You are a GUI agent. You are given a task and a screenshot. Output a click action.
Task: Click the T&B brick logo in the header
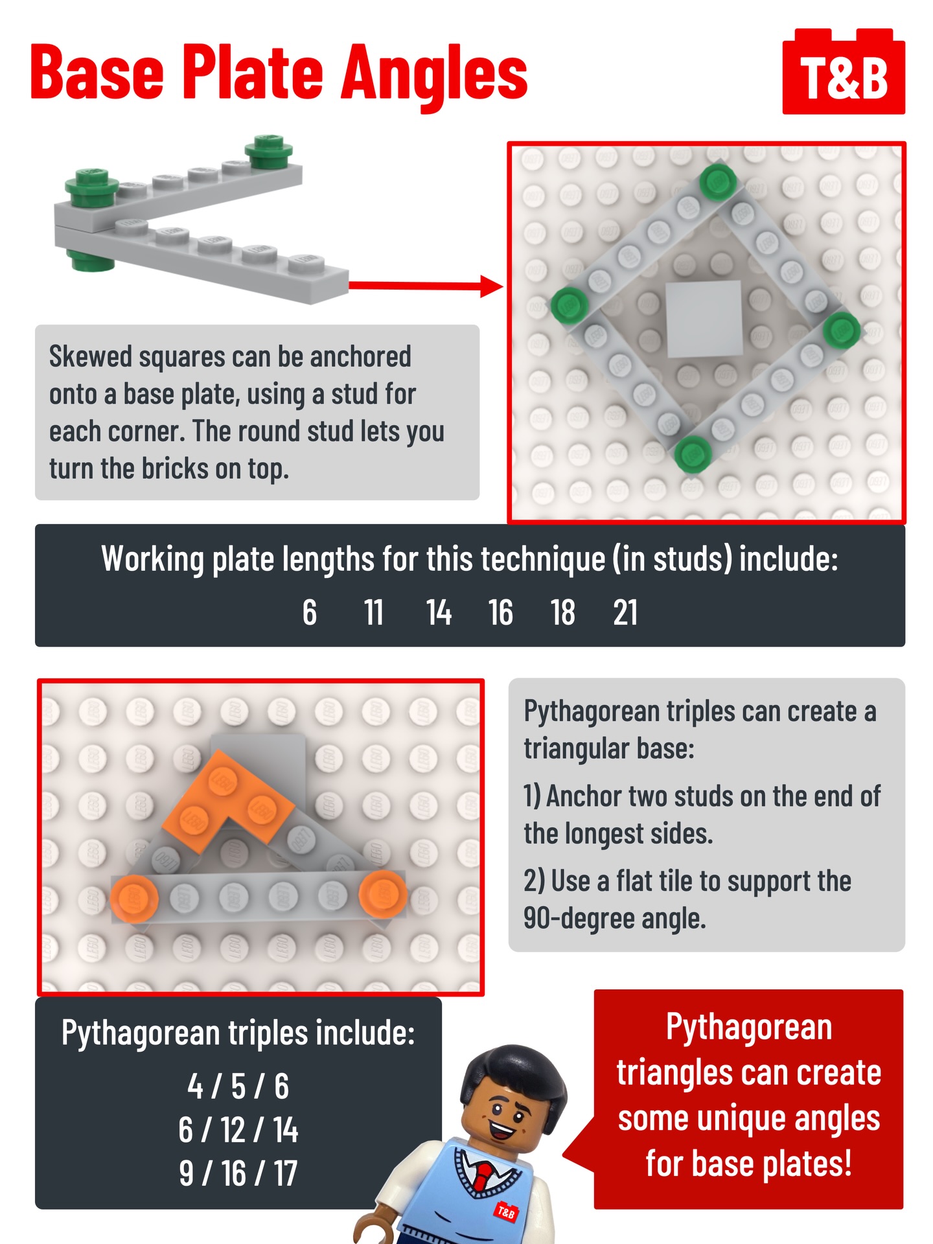tap(844, 73)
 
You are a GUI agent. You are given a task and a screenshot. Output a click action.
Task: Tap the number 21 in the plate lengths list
tap(625, 612)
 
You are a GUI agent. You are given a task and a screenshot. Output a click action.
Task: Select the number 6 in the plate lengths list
tap(310, 612)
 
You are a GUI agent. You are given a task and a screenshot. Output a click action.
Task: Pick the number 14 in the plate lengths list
tap(439, 612)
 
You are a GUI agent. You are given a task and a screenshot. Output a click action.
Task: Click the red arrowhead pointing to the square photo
tap(492, 285)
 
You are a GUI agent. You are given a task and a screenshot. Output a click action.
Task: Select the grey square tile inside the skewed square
tap(704, 319)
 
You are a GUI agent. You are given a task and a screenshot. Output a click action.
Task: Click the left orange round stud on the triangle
tap(134, 898)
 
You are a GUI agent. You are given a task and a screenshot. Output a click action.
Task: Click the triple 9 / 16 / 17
tap(238, 1173)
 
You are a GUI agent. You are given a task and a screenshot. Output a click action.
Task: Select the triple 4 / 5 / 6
tap(238, 1087)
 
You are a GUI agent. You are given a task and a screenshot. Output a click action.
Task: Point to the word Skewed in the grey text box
tap(91, 357)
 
